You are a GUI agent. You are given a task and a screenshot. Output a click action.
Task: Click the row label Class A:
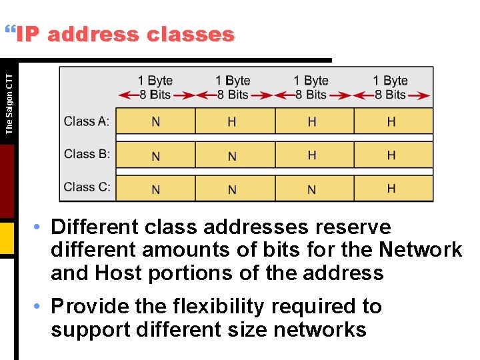[x=87, y=121]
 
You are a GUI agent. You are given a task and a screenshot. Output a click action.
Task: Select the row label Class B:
[x=87, y=154]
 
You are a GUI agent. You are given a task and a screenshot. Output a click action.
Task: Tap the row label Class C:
[x=87, y=187]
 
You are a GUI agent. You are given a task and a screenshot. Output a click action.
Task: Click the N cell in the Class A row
[x=155, y=121]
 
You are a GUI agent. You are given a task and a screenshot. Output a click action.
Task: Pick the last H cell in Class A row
[x=391, y=121]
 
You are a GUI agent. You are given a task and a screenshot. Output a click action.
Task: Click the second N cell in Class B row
[x=232, y=156]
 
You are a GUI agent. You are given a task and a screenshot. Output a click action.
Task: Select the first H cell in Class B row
[x=311, y=155]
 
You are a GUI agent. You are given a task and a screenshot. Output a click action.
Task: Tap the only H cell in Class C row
[x=391, y=189]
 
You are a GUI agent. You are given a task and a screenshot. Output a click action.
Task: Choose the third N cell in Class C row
[x=311, y=189]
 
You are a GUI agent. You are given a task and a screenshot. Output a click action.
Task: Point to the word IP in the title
[x=29, y=34]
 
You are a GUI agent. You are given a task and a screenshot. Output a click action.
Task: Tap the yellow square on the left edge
[x=7, y=238]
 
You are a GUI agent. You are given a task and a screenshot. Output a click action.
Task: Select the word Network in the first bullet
[x=420, y=250]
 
